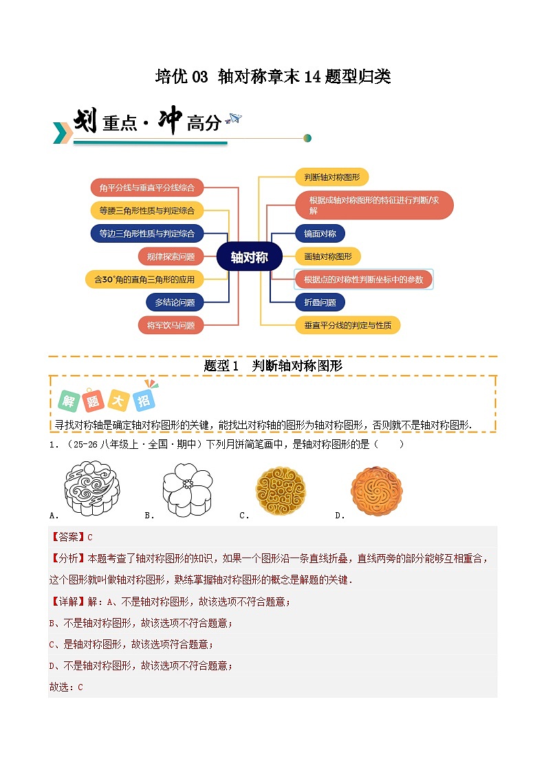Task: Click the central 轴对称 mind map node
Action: [x=249, y=257]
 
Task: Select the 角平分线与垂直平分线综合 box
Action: [x=146, y=187]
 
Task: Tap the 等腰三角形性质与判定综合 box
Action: [x=146, y=210]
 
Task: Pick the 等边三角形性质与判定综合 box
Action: [x=146, y=233]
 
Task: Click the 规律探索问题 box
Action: [x=171, y=256]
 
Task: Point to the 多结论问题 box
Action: [x=175, y=302]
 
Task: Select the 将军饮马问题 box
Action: [x=171, y=325]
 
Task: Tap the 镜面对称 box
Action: [x=320, y=233]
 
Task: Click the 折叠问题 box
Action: [x=320, y=302]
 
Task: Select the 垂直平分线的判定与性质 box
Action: [x=347, y=325]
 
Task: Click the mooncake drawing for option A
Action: [x=92, y=489]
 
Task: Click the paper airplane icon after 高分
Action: [x=234, y=119]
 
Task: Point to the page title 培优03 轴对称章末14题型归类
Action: [x=273, y=76]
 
